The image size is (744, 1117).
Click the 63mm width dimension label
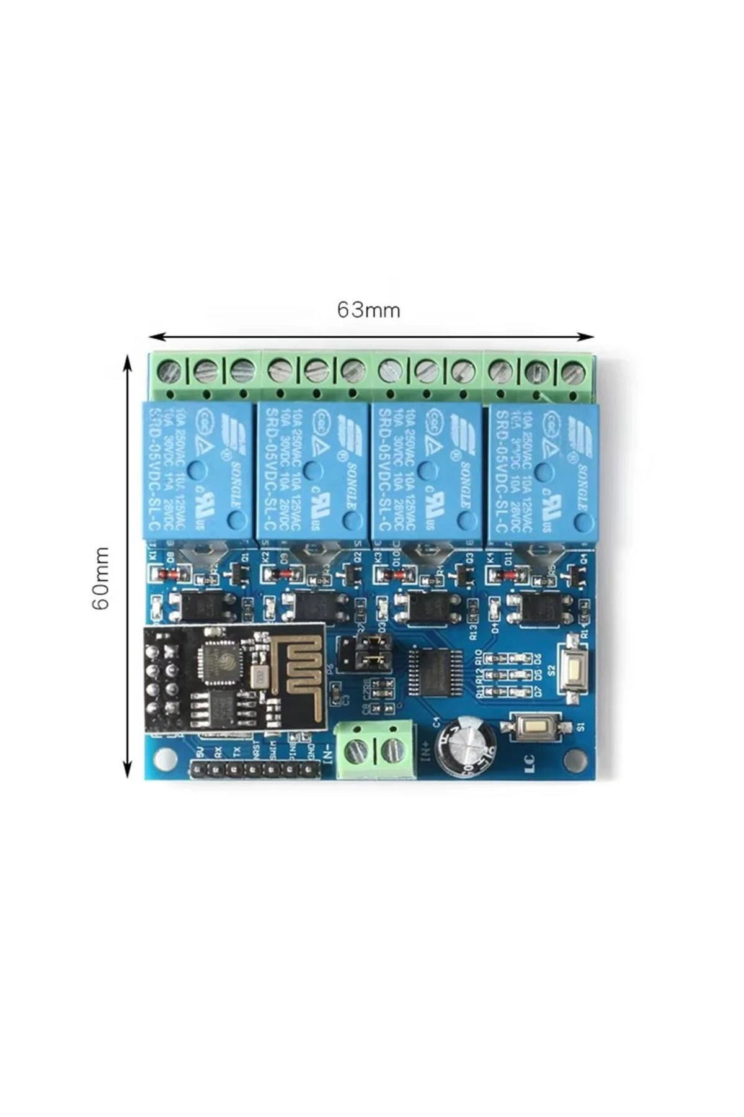(x=368, y=310)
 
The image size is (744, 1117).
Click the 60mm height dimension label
(x=101, y=578)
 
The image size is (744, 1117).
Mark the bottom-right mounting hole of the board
(x=579, y=758)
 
